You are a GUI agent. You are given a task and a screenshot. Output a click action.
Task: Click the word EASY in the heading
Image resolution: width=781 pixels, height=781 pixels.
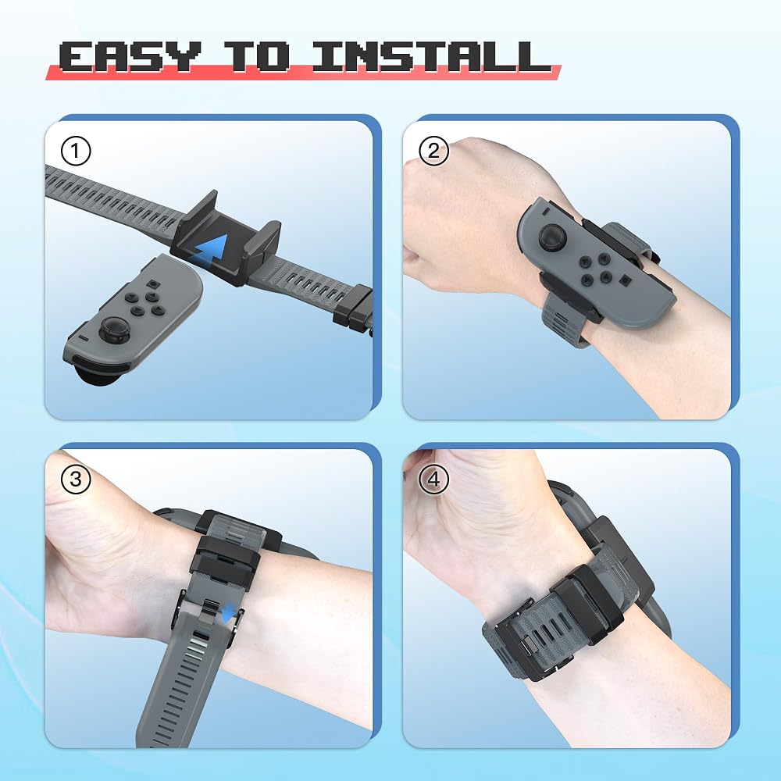tap(130, 55)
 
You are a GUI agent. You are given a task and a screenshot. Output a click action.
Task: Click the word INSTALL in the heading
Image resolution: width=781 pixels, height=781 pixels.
tap(431, 55)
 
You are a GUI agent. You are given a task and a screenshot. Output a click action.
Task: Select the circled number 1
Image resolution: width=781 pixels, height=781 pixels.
tap(76, 151)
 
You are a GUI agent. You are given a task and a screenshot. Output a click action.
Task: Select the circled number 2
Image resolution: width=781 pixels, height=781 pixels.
tap(433, 151)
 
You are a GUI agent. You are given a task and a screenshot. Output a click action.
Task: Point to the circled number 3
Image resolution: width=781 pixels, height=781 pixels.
tap(76, 480)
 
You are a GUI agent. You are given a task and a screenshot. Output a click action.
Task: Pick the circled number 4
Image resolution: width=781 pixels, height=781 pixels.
tap(433, 480)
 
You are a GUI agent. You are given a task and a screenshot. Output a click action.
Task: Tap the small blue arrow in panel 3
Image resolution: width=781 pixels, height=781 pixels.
tap(229, 612)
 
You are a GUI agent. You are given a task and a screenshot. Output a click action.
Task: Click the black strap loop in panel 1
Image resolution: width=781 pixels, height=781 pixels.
tap(353, 309)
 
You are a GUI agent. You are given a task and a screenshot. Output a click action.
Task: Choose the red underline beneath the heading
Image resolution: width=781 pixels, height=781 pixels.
tap(303, 73)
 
